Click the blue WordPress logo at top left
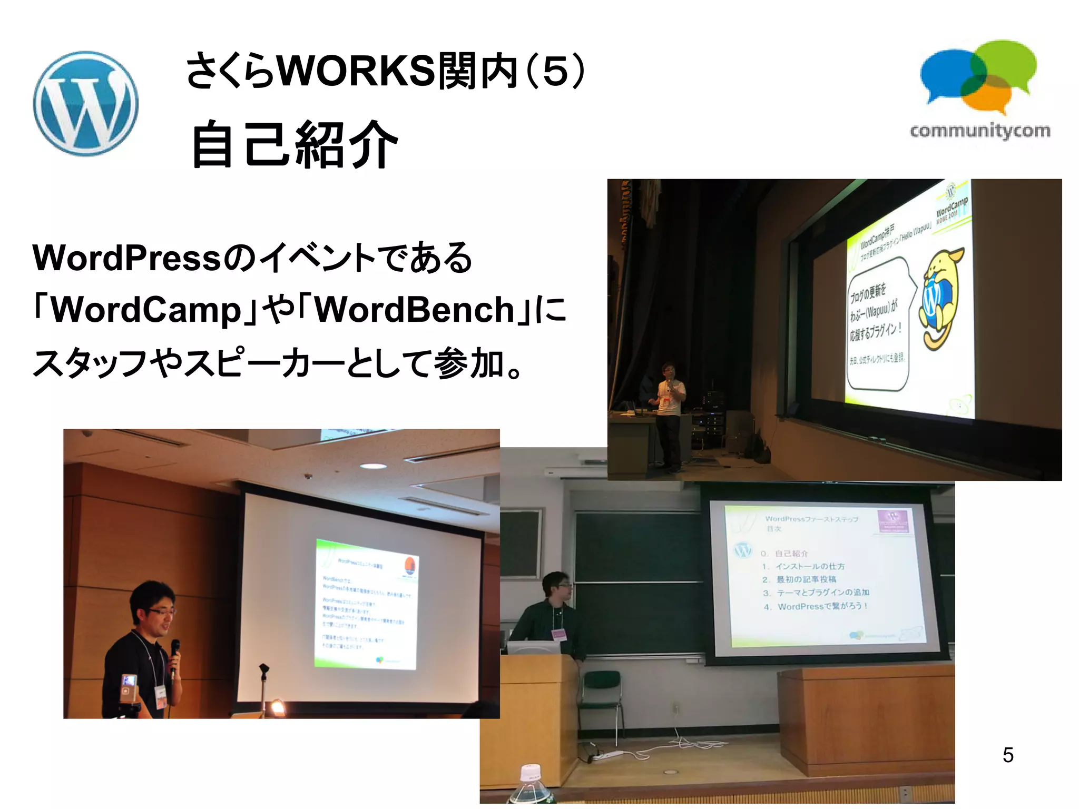(85, 103)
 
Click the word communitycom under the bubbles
(980, 131)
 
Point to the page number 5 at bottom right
(1008, 755)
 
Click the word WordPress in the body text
(126, 258)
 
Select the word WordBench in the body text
(414, 310)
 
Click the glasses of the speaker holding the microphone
(161, 611)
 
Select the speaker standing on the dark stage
(669, 416)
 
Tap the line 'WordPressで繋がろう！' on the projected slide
(822, 606)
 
